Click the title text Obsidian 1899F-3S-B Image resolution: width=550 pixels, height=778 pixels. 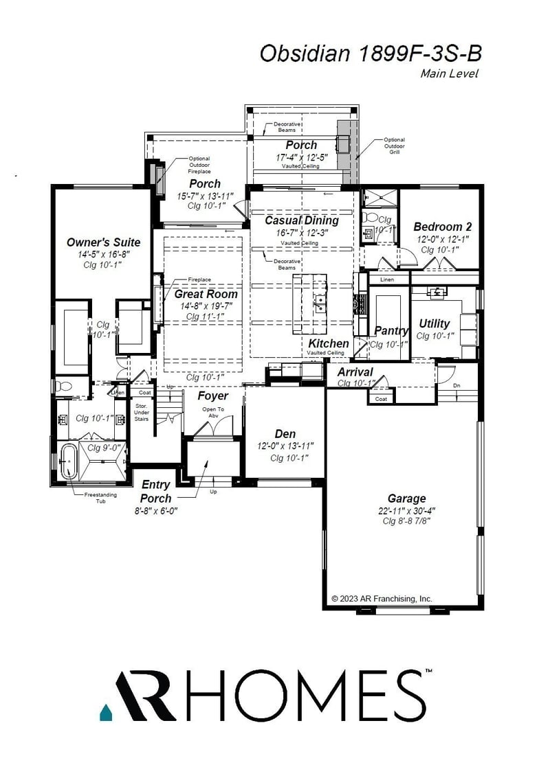[369, 54]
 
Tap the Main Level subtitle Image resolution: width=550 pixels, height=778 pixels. [449, 74]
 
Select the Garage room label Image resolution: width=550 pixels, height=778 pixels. [406, 499]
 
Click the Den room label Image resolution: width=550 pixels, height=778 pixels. [285, 434]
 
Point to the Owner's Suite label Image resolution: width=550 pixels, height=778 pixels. [103, 242]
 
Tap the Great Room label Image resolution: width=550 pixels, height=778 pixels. [206, 294]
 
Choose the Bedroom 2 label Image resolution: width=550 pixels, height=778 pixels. [442, 227]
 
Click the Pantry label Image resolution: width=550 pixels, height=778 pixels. [391, 331]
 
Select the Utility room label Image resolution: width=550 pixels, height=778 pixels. [434, 323]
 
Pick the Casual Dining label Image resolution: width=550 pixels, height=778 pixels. [302, 220]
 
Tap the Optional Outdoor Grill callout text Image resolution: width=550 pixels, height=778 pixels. [394, 146]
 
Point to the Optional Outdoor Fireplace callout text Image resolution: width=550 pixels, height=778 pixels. [199, 165]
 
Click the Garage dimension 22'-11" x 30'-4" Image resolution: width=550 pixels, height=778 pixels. [406, 510]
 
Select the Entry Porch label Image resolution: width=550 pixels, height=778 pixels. [156, 492]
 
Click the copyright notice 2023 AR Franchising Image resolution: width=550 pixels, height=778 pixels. [382, 599]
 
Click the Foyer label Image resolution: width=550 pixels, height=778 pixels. [212, 396]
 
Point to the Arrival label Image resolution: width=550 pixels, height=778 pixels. [355, 372]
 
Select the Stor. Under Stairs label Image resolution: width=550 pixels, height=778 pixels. [142, 410]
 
